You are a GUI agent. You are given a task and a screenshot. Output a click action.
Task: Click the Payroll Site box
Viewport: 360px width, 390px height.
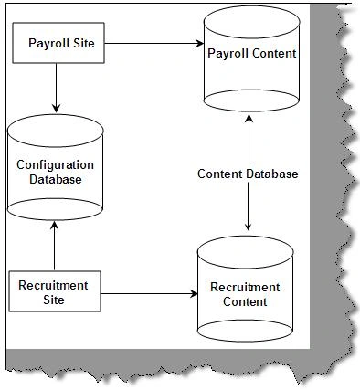58,43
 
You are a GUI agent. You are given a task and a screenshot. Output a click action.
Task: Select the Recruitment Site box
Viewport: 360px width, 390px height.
55,291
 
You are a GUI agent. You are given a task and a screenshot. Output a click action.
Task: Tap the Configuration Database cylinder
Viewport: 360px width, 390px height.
55,167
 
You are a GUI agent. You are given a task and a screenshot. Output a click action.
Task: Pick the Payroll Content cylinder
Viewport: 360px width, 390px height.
251,58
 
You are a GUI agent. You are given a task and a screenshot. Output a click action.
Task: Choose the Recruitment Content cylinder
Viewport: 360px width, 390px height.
245,289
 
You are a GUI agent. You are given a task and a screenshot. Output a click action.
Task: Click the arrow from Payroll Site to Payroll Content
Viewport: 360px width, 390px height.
154,43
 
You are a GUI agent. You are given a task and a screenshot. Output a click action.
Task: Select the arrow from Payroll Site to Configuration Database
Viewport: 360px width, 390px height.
56,88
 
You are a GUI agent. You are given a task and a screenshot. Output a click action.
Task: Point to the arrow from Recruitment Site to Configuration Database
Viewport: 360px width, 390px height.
55,246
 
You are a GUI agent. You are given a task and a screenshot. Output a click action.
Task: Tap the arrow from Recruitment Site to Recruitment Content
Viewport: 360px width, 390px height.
149,294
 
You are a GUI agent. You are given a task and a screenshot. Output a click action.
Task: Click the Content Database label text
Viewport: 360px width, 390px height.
248,174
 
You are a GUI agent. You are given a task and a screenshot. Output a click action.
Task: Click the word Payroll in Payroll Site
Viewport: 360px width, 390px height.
46,43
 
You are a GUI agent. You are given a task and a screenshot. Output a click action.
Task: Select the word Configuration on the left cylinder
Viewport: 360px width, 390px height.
55,165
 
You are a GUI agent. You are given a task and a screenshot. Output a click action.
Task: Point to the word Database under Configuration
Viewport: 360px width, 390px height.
56,179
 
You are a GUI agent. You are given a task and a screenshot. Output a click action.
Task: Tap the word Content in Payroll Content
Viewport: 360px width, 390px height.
274,54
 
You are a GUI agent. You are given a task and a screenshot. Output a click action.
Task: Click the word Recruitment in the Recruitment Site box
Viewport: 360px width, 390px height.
53,286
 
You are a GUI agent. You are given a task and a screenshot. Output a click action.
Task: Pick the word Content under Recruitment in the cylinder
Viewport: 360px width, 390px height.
245,301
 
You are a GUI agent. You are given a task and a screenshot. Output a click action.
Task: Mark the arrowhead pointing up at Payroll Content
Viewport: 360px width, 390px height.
249,119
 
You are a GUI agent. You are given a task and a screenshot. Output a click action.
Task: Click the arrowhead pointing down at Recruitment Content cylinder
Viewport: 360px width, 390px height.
249,226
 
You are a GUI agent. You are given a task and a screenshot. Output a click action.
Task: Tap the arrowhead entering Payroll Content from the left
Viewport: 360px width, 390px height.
199,43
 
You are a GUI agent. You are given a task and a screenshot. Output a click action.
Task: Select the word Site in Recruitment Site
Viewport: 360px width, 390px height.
54,300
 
